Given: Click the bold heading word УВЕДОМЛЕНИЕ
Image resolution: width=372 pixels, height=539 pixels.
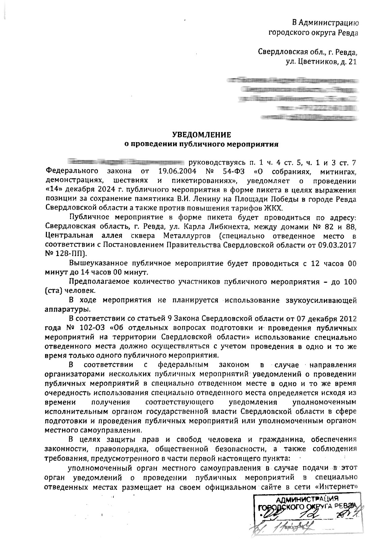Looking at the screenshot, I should click(x=202, y=135).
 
